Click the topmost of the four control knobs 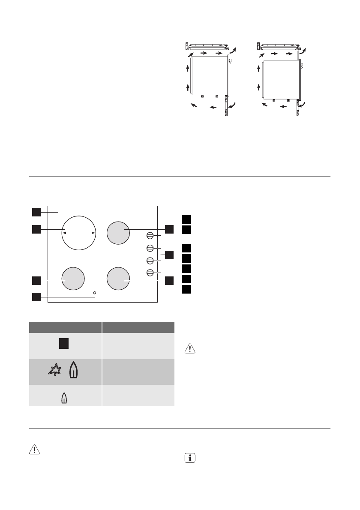[x=150, y=235]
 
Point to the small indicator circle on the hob [x=94, y=293]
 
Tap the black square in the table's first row [x=64, y=343]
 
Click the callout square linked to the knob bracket [x=169, y=255]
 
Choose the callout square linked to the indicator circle [x=36, y=296]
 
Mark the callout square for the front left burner [x=36, y=280]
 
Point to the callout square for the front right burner [x=169, y=280]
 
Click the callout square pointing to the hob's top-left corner [x=36, y=212]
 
